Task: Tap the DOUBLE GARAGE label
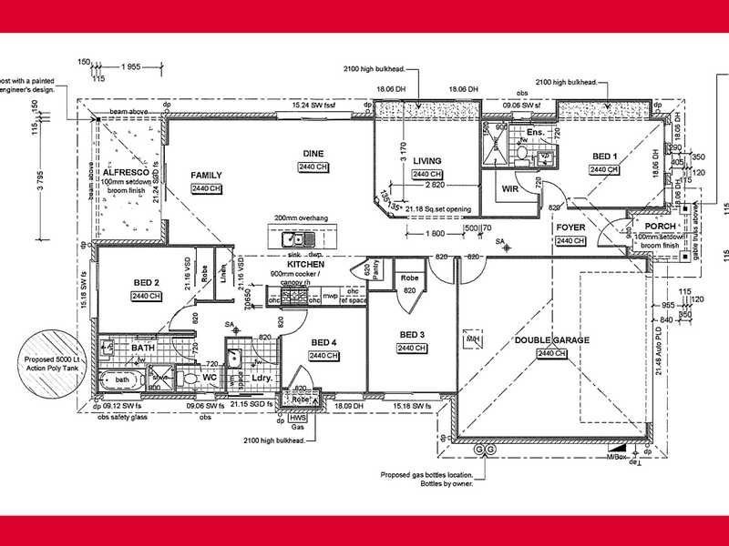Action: click(551, 340)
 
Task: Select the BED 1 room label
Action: click(603, 157)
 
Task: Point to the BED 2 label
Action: click(146, 283)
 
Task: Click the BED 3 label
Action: click(412, 335)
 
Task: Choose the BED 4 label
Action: click(323, 342)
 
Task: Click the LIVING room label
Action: click(426, 161)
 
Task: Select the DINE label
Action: click(313, 153)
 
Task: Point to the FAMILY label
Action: click(207, 175)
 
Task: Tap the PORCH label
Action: click(659, 226)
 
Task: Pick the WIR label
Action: click(510, 189)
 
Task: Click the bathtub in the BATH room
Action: click(121, 379)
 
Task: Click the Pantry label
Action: click(381, 263)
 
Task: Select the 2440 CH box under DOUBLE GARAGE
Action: click(551, 353)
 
